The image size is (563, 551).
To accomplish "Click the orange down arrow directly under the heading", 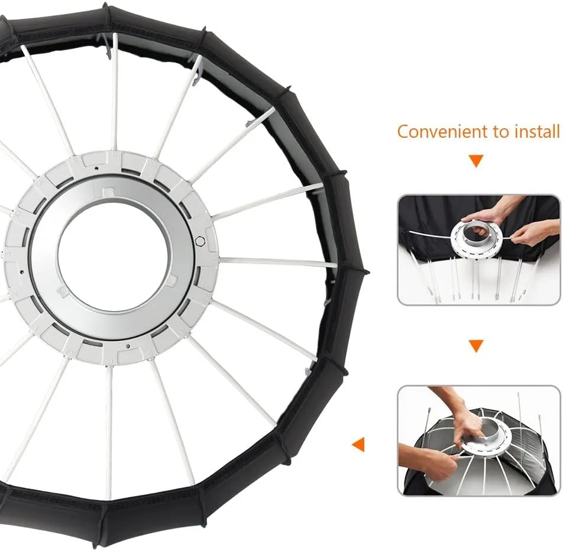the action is (477, 161).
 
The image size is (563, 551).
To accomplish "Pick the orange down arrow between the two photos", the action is (476, 346).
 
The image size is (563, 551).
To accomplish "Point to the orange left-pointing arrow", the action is (358, 445).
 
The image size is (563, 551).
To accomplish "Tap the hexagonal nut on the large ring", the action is (200, 241).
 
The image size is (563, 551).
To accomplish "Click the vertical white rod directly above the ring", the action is (115, 92).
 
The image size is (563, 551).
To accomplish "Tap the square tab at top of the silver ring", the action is (106, 192).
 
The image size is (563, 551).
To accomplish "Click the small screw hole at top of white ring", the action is (96, 168).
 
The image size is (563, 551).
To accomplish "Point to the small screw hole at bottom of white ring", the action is (128, 346).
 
